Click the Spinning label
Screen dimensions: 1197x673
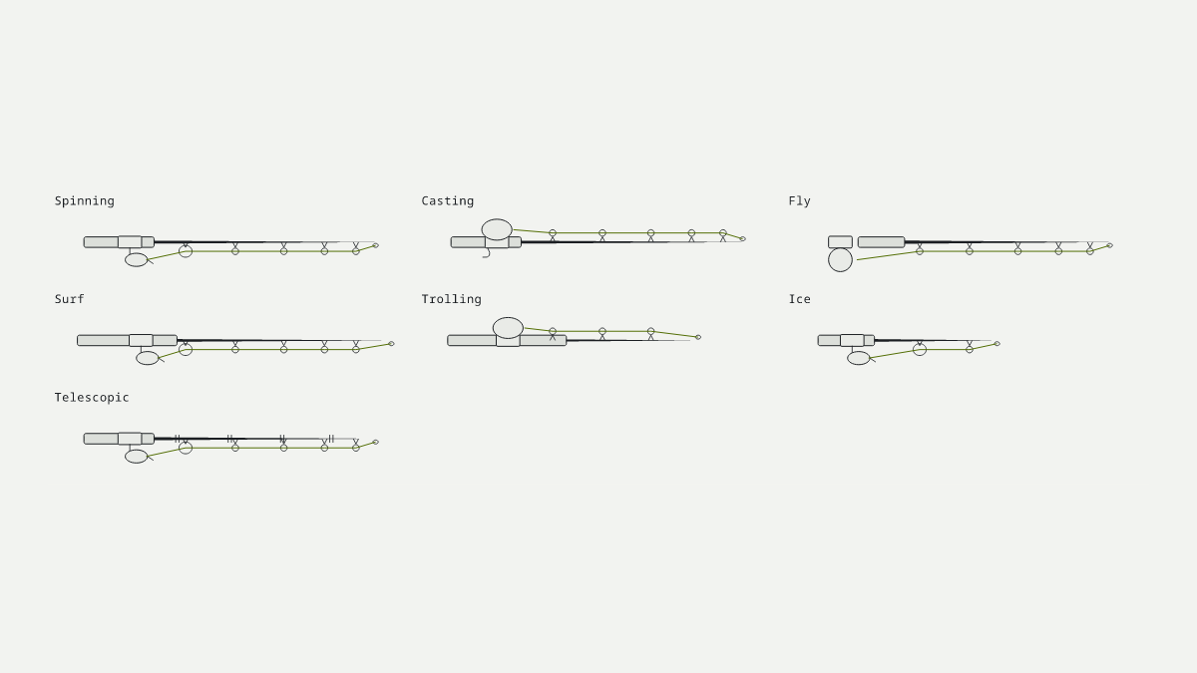point(85,200)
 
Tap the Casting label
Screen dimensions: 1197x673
point(448,200)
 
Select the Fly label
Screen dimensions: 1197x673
point(799,200)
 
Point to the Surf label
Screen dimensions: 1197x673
point(70,299)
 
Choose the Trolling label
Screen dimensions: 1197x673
point(452,299)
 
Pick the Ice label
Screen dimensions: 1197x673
point(799,299)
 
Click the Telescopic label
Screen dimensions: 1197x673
point(92,398)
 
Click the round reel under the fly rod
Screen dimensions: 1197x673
point(840,259)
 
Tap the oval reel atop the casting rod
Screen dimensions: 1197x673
point(497,229)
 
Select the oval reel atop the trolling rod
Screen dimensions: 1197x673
point(508,328)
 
